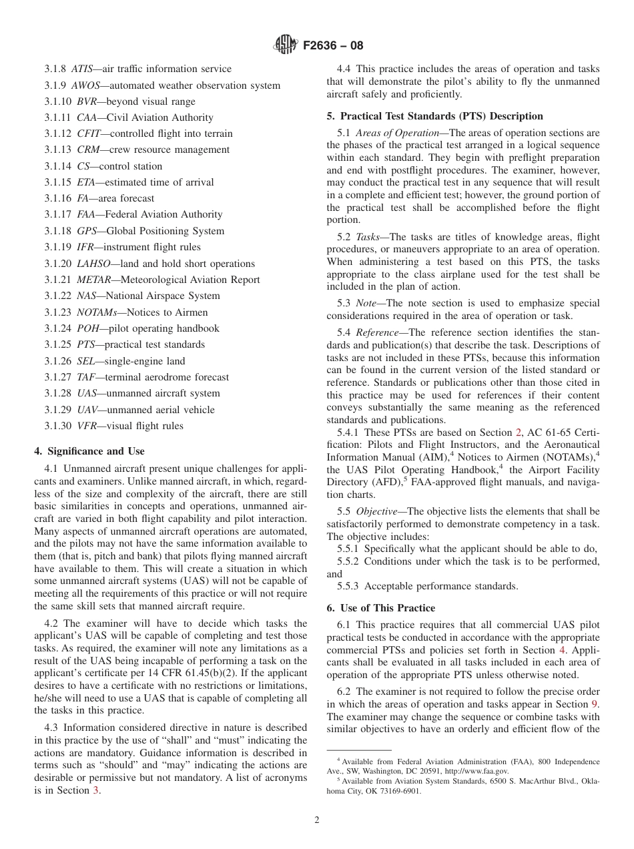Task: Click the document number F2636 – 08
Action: (333, 46)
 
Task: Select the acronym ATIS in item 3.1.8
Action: (83, 69)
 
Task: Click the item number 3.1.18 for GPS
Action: (58, 231)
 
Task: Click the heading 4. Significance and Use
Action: (89, 451)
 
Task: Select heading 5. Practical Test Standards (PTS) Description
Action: (434, 116)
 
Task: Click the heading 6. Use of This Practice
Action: (380, 608)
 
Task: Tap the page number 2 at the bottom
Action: (317, 820)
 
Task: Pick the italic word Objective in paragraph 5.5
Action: (377, 511)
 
